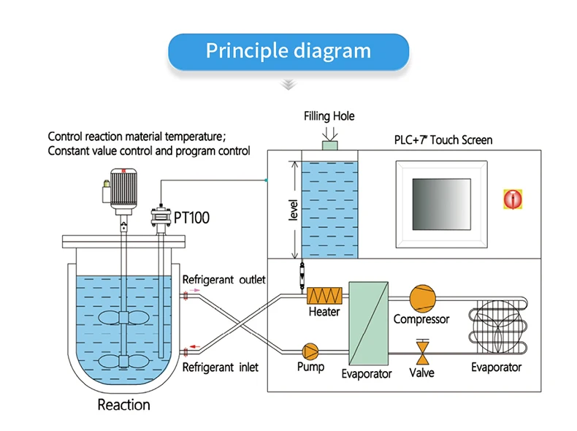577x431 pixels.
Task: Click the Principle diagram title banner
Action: (x=288, y=52)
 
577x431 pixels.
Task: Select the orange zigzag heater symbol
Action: (x=324, y=296)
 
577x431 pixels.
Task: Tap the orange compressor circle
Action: (x=422, y=298)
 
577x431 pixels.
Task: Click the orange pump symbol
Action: (x=310, y=351)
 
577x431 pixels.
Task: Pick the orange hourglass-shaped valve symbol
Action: (x=422, y=353)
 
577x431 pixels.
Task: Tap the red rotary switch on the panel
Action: (x=513, y=199)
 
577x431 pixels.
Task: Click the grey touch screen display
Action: (x=442, y=205)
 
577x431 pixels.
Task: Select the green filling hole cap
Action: (x=329, y=146)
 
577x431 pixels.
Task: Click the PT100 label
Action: (x=191, y=218)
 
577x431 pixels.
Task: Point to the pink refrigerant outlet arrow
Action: (x=195, y=291)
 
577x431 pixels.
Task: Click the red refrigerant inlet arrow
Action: (x=195, y=347)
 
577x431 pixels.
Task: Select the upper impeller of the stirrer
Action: (x=123, y=318)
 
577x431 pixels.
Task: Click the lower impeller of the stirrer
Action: (x=123, y=362)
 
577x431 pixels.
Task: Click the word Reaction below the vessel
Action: (x=124, y=405)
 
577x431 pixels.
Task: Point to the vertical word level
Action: (x=293, y=210)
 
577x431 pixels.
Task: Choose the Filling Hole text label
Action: (x=329, y=116)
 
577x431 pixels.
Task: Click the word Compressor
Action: (x=421, y=319)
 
